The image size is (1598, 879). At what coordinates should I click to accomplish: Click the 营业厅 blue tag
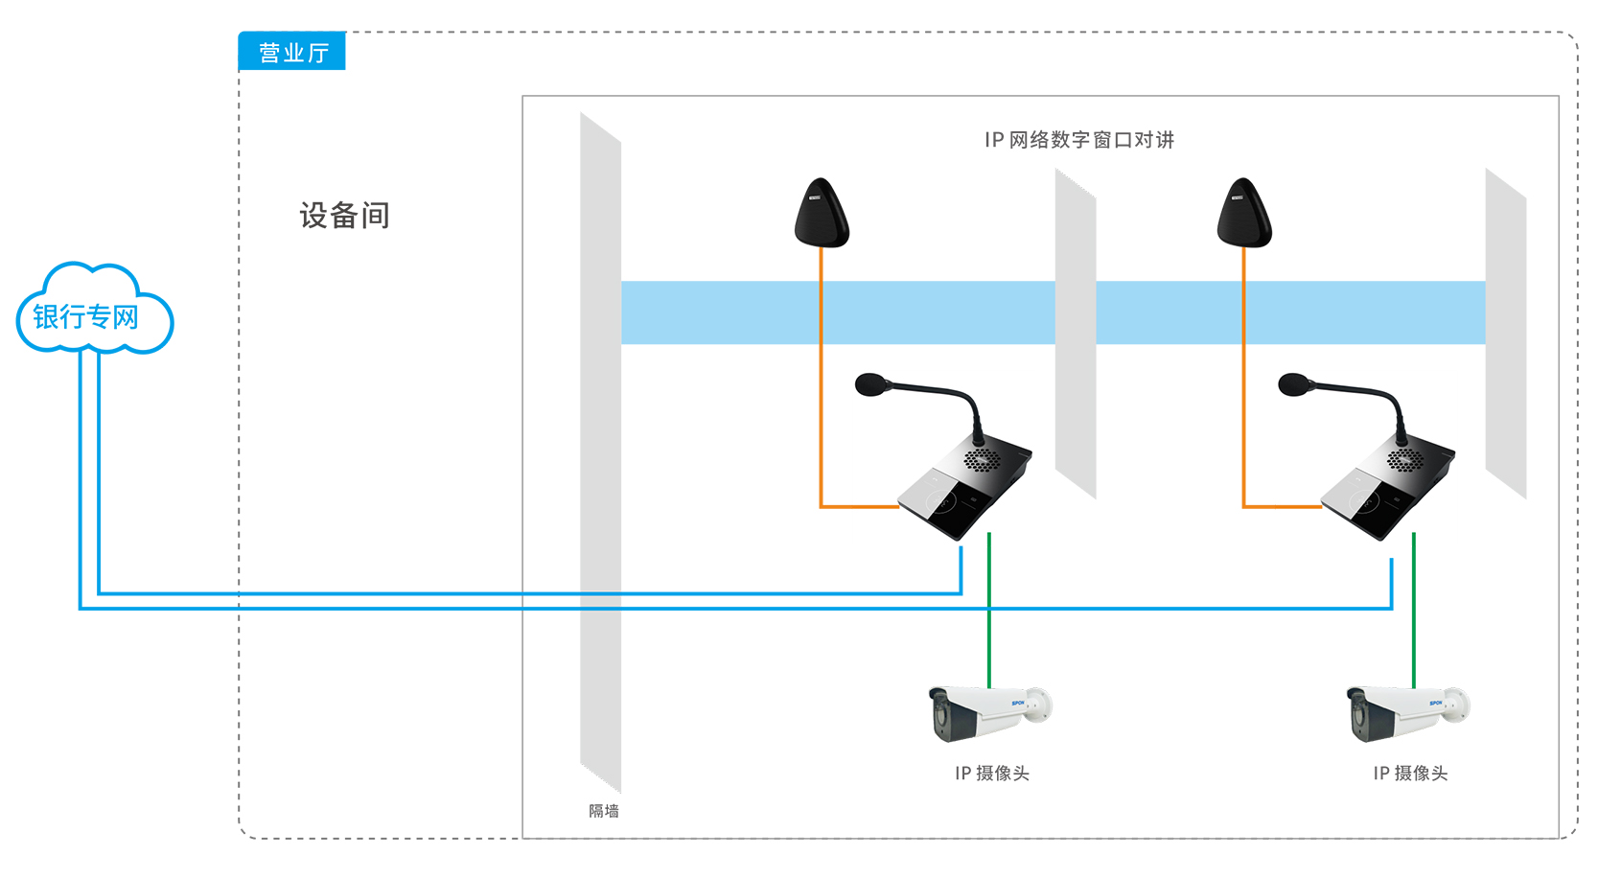(x=292, y=52)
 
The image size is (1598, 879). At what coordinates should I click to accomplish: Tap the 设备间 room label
(x=344, y=216)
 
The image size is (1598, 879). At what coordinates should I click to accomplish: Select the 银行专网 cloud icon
(x=94, y=312)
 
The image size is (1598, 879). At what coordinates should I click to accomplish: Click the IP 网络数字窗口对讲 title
(x=1078, y=140)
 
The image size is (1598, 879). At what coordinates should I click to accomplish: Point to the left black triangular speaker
(x=822, y=215)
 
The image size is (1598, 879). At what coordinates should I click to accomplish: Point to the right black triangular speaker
(x=1244, y=215)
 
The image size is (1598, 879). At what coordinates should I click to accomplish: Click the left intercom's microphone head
(x=871, y=385)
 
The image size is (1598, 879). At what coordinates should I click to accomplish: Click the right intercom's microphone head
(x=1295, y=385)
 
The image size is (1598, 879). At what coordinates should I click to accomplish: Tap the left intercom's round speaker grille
(x=982, y=459)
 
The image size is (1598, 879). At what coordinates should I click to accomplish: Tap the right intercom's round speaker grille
(x=1405, y=459)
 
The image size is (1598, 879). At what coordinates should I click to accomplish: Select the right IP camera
(x=1406, y=713)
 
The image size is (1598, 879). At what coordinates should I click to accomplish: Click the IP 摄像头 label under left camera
(x=992, y=774)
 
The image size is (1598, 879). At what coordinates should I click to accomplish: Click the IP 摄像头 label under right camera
(x=1410, y=774)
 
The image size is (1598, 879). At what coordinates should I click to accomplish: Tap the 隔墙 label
(x=604, y=811)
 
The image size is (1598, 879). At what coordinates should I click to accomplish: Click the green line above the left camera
(x=989, y=613)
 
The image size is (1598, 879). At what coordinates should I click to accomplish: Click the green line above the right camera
(x=1414, y=613)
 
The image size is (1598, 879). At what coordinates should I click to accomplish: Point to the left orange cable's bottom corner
(x=822, y=506)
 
